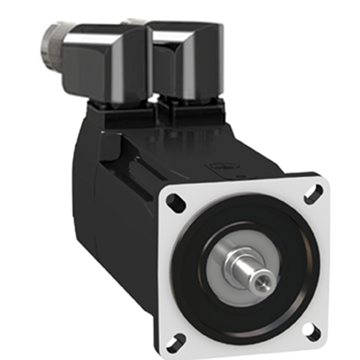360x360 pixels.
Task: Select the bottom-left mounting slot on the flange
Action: pos(178,340)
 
